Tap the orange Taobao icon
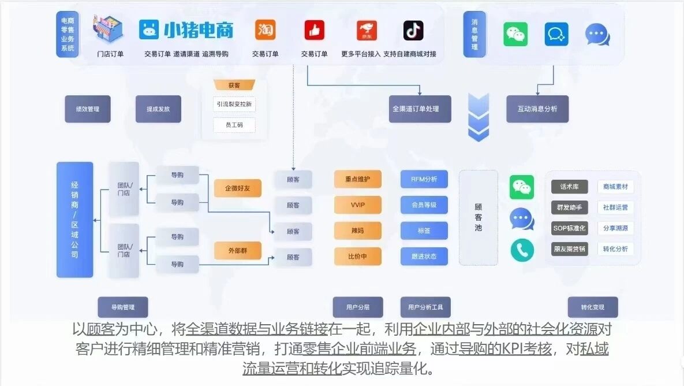click(x=265, y=30)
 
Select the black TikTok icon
click(x=413, y=30)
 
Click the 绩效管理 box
click(x=87, y=109)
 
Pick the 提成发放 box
click(x=158, y=109)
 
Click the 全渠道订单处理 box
click(x=420, y=109)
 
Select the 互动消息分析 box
click(x=537, y=109)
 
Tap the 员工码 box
click(x=234, y=125)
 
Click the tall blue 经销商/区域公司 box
click(x=74, y=220)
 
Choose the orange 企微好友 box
click(x=237, y=188)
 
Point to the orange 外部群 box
click(x=237, y=251)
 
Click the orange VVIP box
click(x=357, y=205)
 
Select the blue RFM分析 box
click(x=424, y=179)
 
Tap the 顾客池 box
click(x=478, y=217)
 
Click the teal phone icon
click(x=522, y=250)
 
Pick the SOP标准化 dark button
click(x=569, y=228)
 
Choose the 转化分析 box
click(x=615, y=249)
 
